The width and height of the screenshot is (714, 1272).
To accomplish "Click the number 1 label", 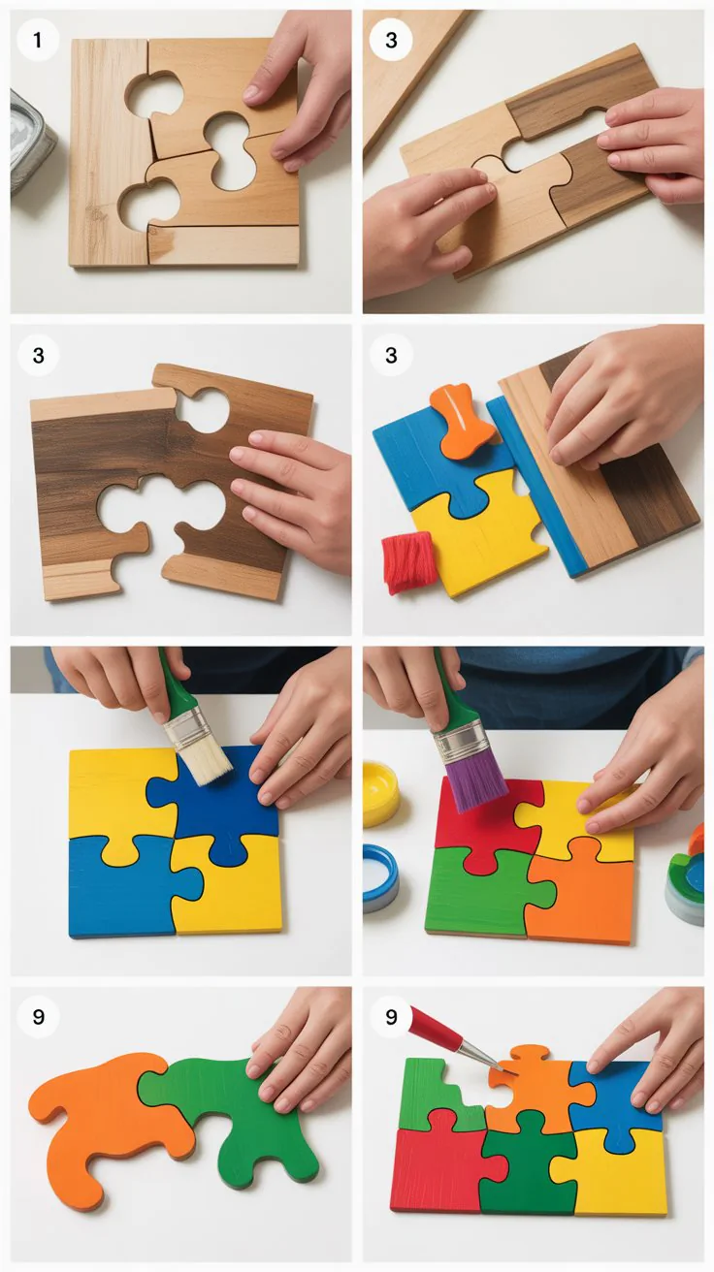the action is click(x=38, y=40).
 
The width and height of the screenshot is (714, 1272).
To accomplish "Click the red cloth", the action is click(x=409, y=561).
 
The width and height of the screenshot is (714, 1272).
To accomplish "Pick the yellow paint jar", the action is click(x=381, y=794).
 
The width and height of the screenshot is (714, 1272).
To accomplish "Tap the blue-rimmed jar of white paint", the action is click(x=380, y=877).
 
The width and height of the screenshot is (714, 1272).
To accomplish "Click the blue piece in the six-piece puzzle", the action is click(x=616, y=1098).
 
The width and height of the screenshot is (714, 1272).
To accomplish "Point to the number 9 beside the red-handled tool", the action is click(x=391, y=1016).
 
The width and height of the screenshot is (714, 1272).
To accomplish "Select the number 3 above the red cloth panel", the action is click(x=391, y=356).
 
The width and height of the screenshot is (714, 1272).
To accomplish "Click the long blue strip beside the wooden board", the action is click(x=535, y=485).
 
